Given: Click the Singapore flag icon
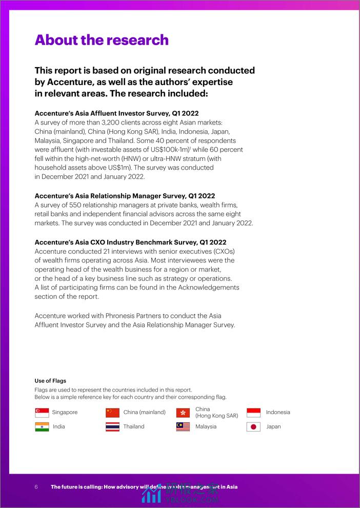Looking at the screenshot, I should pyautogui.click(x=42, y=413).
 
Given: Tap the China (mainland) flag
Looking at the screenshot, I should pyautogui.click(x=112, y=413).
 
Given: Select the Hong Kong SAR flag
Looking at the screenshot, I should pyautogui.click(x=183, y=413).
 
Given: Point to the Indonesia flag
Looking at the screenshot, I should pyautogui.click(x=253, y=413).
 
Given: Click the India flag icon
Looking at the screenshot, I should pyautogui.click(x=42, y=427).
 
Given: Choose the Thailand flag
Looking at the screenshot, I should pyautogui.click(x=112, y=427).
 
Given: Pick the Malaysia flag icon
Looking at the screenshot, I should pyautogui.click(x=183, y=427).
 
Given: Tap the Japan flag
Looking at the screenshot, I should pyautogui.click(x=253, y=427).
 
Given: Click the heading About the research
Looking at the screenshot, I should pyautogui.click(x=102, y=40).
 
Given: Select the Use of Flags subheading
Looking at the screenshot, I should pyautogui.click(x=50, y=381).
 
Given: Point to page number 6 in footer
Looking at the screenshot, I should pyautogui.click(x=36, y=487).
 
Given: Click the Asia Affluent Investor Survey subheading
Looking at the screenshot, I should pyautogui.click(x=116, y=113).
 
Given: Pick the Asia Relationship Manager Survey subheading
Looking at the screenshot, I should pyautogui.click(x=125, y=196).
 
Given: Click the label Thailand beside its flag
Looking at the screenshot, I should pyautogui.click(x=134, y=426).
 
